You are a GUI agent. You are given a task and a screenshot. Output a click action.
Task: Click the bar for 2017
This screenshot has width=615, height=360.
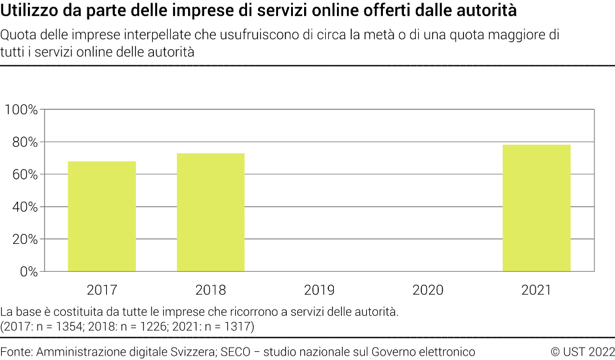click(x=102, y=216)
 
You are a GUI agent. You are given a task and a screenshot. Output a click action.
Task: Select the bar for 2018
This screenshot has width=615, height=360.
click(x=210, y=212)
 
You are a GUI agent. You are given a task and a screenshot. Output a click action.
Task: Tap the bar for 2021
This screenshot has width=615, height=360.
click(x=536, y=208)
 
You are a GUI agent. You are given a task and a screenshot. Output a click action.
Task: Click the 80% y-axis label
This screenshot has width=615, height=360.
click(x=24, y=142)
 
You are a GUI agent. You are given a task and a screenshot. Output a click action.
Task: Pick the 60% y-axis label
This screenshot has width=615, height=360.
click(x=24, y=174)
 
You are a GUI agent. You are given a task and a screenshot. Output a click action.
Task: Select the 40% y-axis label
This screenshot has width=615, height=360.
click(x=24, y=207)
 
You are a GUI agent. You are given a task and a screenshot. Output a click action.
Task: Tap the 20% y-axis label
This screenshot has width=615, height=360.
click(x=24, y=239)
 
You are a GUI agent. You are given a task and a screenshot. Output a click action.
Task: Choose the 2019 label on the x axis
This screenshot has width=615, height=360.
click(x=319, y=290)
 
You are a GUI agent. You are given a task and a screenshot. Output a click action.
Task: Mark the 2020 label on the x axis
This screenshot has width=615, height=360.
click(x=428, y=290)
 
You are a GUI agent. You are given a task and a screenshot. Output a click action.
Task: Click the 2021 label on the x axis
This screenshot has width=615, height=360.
click(x=536, y=290)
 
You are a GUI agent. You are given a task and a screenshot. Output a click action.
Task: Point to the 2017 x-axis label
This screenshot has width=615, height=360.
click(x=102, y=290)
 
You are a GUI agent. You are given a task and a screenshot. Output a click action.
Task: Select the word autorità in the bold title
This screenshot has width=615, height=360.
click(x=486, y=11)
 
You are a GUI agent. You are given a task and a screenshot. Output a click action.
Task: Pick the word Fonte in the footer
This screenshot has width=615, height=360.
click(x=16, y=352)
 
